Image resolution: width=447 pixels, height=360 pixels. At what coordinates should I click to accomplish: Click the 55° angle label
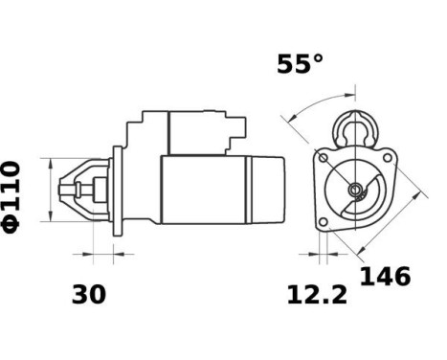coord(300,65)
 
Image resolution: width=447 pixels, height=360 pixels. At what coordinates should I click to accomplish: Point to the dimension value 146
coord(385,278)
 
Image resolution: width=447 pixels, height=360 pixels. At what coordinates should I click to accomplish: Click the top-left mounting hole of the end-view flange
coord(324,157)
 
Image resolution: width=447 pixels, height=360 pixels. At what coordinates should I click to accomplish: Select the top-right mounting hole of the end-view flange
coord(388,156)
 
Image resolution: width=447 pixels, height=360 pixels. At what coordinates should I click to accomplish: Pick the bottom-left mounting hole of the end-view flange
coord(324,222)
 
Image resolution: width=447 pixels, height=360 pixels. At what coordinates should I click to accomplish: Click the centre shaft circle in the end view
coord(356,190)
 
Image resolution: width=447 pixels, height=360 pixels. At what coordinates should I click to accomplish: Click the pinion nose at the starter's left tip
coord(69,191)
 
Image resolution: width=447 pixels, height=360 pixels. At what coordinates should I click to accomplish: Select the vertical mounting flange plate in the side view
coord(117,191)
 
